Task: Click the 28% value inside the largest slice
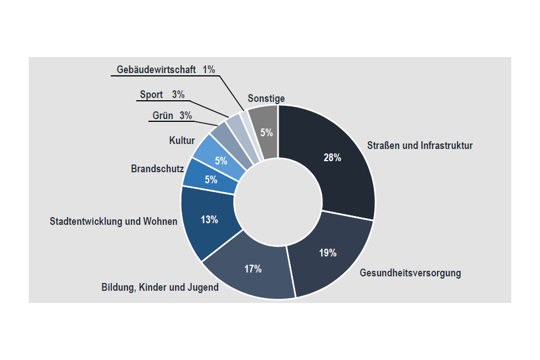pyautogui.click(x=332, y=158)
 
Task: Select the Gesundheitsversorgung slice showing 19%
pyautogui.click(x=328, y=253)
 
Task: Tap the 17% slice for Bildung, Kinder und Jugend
pyautogui.click(x=253, y=269)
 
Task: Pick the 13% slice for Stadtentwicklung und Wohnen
pyautogui.click(x=209, y=220)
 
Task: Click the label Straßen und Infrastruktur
pyautogui.click(x=420, y=146)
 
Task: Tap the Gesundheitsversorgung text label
pyautogui.click(x=410, y=273)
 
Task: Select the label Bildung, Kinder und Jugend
pyautogui.click(x=160, y=287)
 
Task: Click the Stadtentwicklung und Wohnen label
pyautogui.click(x=114, y=222)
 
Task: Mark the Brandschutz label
pyautogui.click(x=157, y=168)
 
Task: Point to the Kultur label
pyautogui.click(x=182, y=141)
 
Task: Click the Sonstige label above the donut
pyautogui.click(x=266, y=99)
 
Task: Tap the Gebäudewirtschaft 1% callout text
pyautogui.click(x=166, y=70)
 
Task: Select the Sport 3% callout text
pyautogui.click(x=162, y=95)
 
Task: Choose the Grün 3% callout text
pyautogui.click(x=172, y=116)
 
